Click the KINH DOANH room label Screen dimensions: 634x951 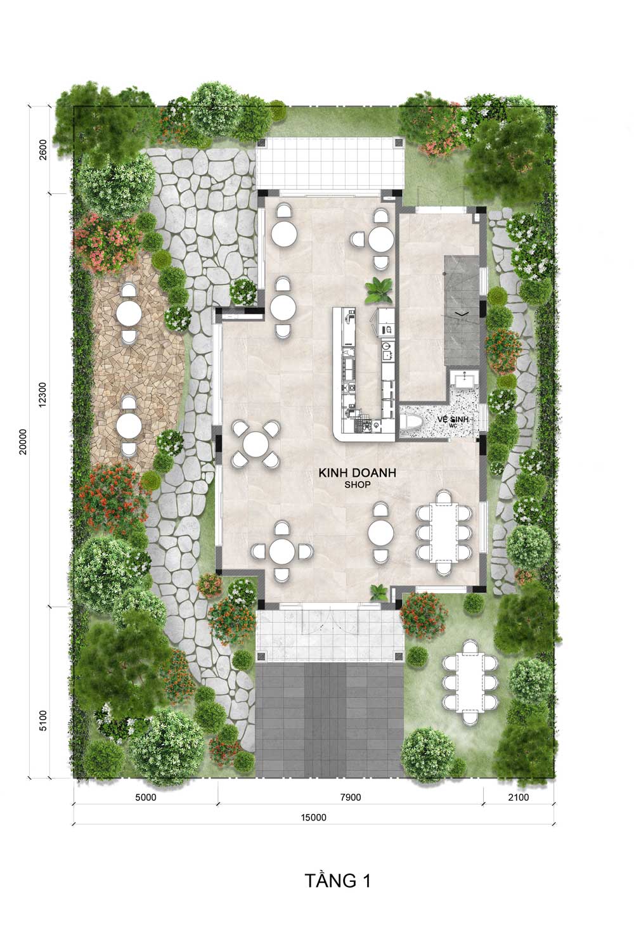pos(357,472)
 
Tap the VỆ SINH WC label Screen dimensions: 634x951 pos(453,420)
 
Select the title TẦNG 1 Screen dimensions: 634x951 pos(337,881)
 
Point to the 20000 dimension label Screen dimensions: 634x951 pos(22,441)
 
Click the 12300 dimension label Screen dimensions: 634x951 pos(42,395)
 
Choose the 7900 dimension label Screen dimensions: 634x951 pos(351,798)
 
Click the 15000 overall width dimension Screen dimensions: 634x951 pos(314,818)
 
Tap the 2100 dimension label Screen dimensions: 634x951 pos(519,798)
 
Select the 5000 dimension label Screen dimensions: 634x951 pos(146,798)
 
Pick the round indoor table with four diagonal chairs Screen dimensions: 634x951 pos(256,444)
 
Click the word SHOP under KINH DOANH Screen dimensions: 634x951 pos(358,484)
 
